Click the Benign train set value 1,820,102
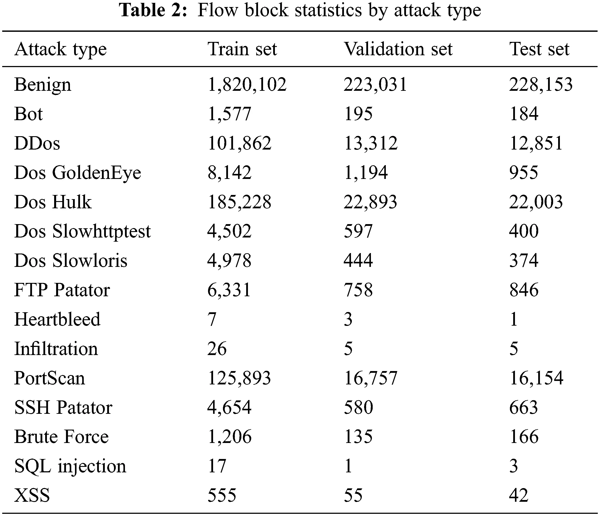pyautogui.click(x=247, y=85)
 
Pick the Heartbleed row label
pyautogui.click(x=57, y=319)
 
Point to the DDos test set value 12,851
pyautogui.click(x=536, y=143)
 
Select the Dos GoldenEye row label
pyautogui.click(x=77, y=173)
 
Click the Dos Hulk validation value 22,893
pyautogui.click(x=370, y=202)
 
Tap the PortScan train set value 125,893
pyautogui.click(x=239, y=378)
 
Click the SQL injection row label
pyautogui.click(x=70, y=466)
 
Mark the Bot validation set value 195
pyautogui.click(x=358, y=114)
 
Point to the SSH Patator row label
pyautogui.click(x=63, y=407)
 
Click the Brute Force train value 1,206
pyautogui.click(x=229, y=437)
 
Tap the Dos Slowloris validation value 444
pyautogui.click(x=358, y=261)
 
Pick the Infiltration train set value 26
pyautogui.click(x=217, y=348)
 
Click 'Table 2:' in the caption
pyautogui.click(x=153, y=11)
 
